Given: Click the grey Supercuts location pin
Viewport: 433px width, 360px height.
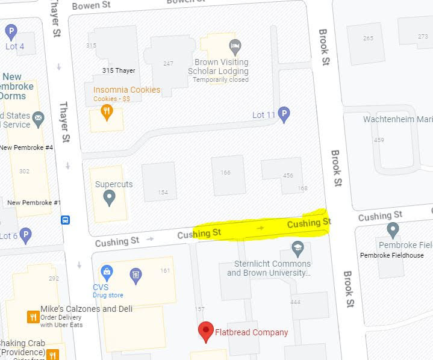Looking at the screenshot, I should (x=110, y=197).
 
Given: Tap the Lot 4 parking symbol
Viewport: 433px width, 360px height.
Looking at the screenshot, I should (x=11, y=31).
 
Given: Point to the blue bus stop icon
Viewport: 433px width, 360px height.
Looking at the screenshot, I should (x=65, y=220).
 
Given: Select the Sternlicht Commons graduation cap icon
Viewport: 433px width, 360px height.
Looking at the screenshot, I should (x=297, y=247).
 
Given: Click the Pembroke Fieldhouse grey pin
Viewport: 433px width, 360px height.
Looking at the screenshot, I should (x=393, y=230).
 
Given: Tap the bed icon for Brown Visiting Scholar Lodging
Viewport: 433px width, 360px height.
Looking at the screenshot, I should (x=235, y=46).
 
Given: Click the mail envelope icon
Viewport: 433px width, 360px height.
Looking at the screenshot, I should (x=39, y=117).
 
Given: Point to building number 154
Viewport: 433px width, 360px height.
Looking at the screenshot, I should (x=163, y=192).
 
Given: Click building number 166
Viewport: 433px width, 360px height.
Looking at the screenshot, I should (x=225, y=173).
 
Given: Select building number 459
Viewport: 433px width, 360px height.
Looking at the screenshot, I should (x=379, y=140).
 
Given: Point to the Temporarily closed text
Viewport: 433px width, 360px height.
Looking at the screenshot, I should (x=220, y=79).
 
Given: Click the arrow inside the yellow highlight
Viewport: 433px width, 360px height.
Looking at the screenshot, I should (x=260, y=228).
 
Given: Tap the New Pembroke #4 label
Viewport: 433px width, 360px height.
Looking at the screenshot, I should (x=26, y=147).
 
